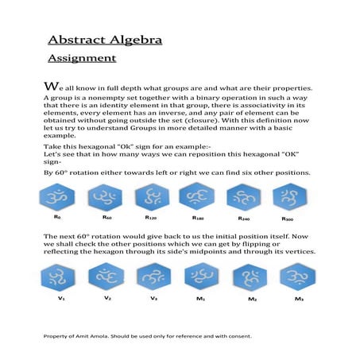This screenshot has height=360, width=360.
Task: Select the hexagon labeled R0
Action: tap(57, 196)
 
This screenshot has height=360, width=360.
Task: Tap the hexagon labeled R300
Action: tap(289, 196)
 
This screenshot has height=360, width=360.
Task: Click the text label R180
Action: tap(199, 217)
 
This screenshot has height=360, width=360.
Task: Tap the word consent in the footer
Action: tap(238, 336)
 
